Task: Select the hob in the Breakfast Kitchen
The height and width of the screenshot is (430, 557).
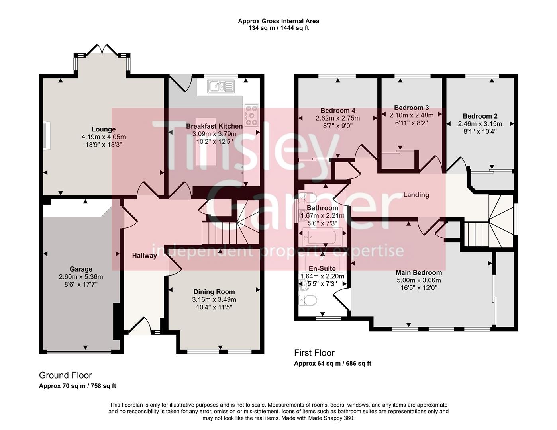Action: pyautogui.click(x=251, y=115)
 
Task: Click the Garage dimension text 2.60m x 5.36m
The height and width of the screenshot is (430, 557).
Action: pyautogui.click(x=81, y=277)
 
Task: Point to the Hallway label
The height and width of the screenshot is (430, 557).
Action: pyautogui.click(x=144, y=256)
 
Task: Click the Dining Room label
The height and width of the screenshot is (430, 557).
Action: pyautogui.click(x=214, y=292)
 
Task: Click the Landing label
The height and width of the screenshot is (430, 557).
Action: pyautogui.click(x=416, y=195)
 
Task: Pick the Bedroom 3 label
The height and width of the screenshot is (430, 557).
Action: pyautogui.click(x=411, y=107)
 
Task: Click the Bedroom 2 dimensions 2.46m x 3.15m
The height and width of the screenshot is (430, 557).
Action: pyautogui.click(x=480, y=124)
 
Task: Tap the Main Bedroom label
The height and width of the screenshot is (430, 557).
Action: pyautogui.click(x=418, y=273)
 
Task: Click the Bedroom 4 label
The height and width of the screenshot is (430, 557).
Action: pyautogui.click(x=338, y=111)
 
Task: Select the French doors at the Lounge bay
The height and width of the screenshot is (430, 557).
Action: pyautogui.click(x=102, y=50)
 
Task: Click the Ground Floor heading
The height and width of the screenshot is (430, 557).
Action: pyautogui.click(x=65, y=375)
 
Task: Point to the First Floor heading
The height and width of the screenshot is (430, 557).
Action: pyautogui.click(x=314, y=352)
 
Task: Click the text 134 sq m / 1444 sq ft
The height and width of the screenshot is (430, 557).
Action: pyautogui.click(x=278, y=28)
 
